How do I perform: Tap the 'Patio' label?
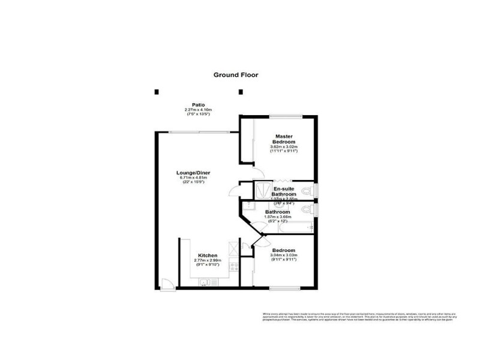(x=199, y=104)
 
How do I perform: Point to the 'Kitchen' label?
(x=208, y=255)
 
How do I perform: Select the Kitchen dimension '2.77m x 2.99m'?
(x=208, y=260)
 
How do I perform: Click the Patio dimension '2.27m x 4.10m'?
(x=199, y=109)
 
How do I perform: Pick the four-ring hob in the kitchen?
(x=234, y=266)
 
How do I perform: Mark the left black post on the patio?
(x=157, y=92)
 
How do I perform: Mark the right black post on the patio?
(x=241, y=92)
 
